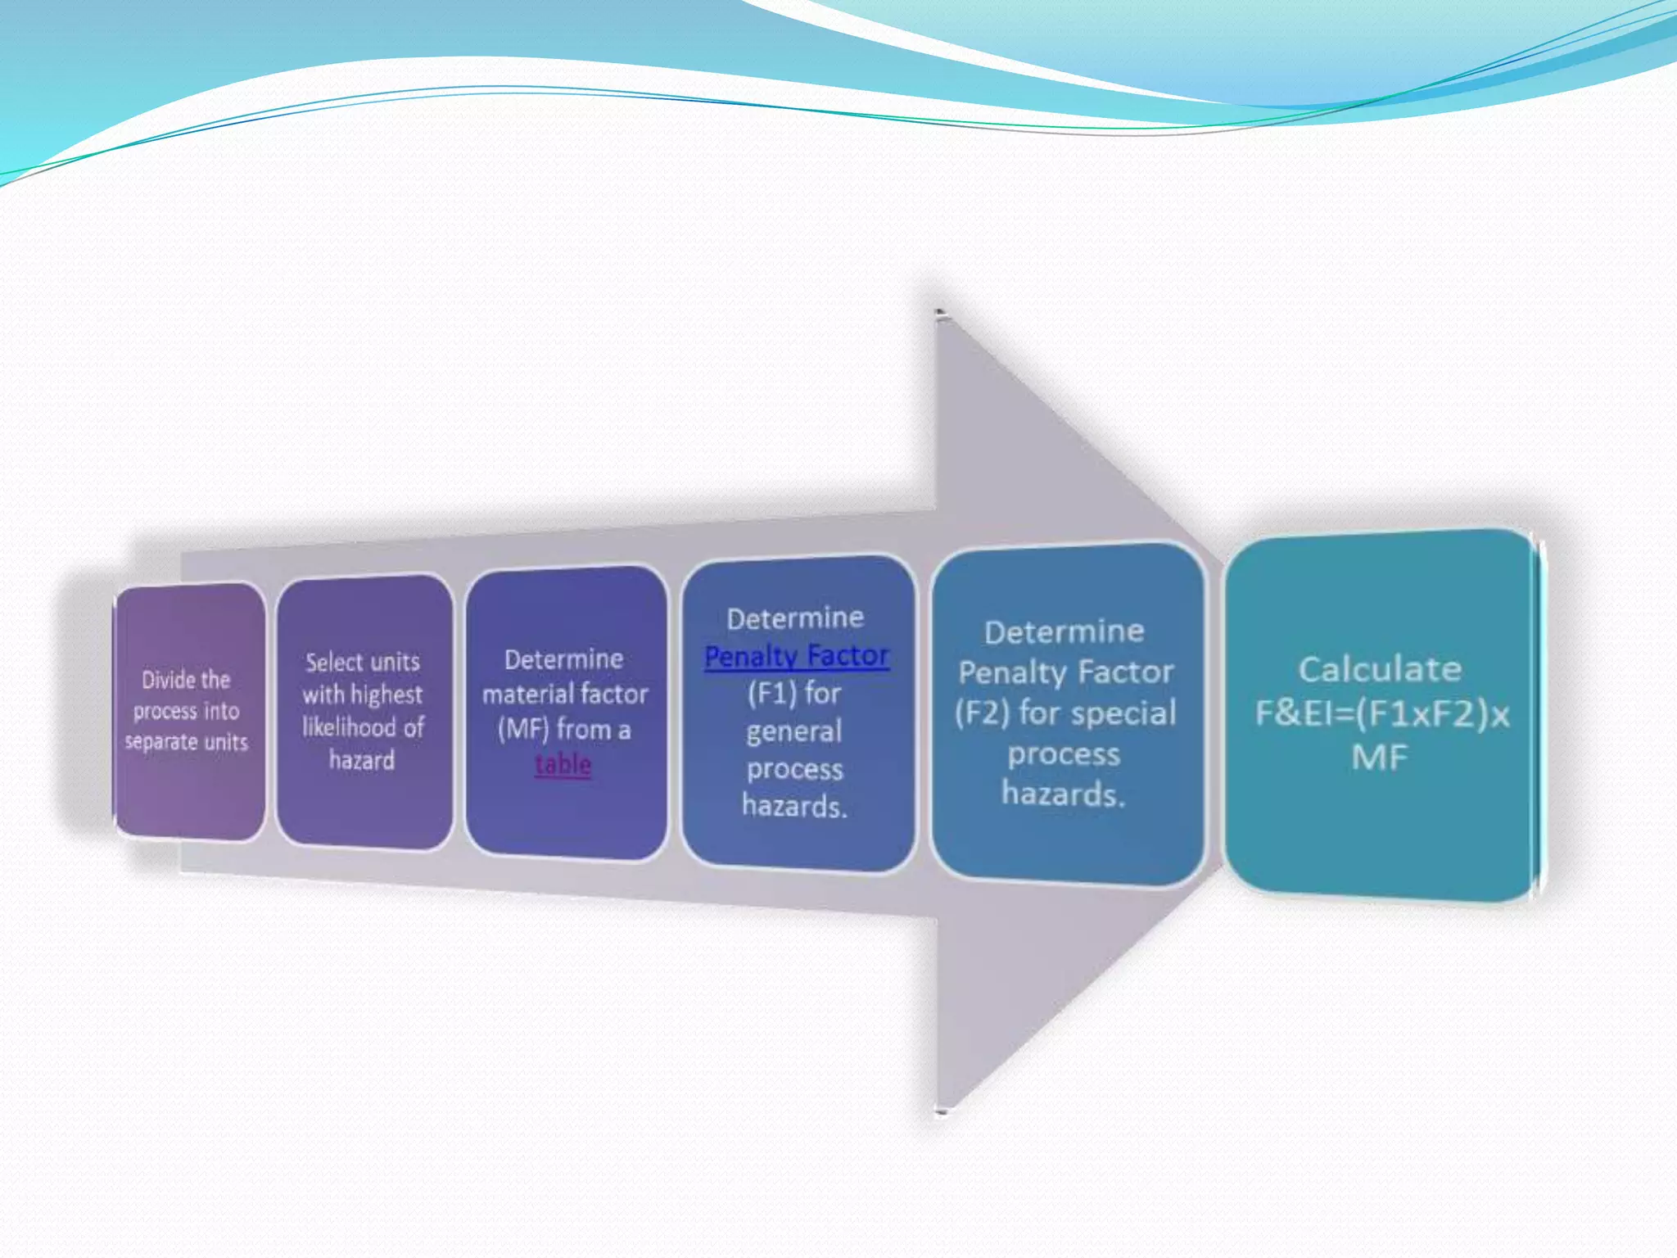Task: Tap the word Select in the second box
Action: [x=333, y=662]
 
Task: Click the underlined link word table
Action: [x=563, y=764]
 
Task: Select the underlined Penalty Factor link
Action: [x=796, y=655]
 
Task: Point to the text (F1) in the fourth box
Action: [x=771, y=694]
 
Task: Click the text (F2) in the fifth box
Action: [x=981, y=713]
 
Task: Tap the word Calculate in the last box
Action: [x=1380, y=669]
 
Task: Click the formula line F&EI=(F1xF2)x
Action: [x=1382, y=713]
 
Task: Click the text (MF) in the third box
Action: [x=522, y=729]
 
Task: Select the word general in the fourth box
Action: [x=793, y=731]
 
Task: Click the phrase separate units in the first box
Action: [x=186, y=742]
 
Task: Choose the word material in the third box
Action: [x=522, y=695]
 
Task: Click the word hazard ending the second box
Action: [x=361, y=760]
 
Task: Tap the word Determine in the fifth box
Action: [x=1064, y=631]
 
